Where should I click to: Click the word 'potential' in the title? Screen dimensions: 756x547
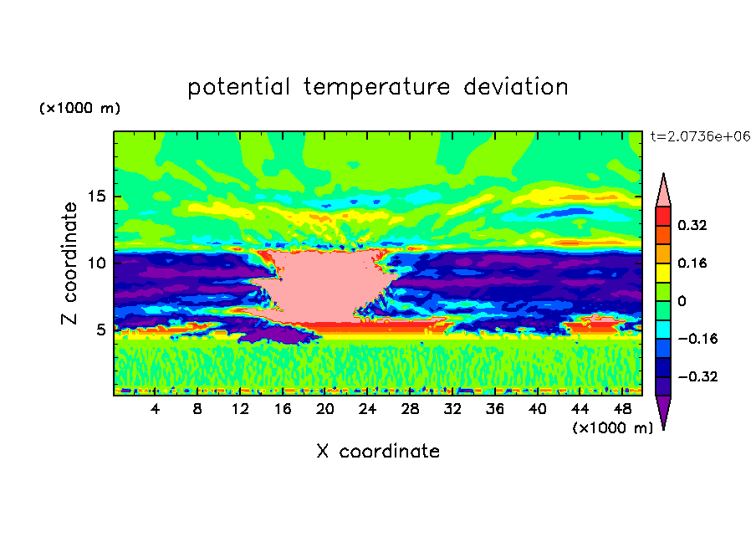[x=238, y=88]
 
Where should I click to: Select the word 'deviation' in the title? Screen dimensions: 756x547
[x=516, y=87]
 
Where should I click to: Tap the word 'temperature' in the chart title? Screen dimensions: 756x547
[x=377, y=88]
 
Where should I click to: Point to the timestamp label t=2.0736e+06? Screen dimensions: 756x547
[x=700, y=136]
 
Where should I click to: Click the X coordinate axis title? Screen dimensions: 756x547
[x=378, y=451]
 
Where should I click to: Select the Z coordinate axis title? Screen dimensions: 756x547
[x=69, y=263]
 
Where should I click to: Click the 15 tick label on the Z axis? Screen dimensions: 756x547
[x=96, y=197]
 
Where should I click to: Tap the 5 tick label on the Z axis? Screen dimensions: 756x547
[x=100, y=330]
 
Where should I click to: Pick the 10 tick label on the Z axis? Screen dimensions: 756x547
[x=96, y=263]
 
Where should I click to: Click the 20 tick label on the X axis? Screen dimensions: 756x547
[x=325, y=409]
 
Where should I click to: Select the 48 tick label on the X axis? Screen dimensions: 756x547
[x=622, y=409]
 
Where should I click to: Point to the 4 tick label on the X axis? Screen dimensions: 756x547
[x=155, y=409]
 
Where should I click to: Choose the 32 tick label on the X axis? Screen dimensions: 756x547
[x=452, y=409]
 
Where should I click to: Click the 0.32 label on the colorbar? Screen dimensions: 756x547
[x=692, y=225]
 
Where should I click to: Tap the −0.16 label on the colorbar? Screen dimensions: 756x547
[x=697, y=339]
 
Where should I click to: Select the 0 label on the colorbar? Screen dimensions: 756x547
[x=682, y=301]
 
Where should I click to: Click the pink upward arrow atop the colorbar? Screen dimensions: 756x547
[x=663, y=192]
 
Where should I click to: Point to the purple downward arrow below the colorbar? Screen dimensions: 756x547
[x=663, y=410]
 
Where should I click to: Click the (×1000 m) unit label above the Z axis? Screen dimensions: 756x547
[x=79, y=108]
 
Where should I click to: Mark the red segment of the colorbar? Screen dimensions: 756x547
[x=663, y=217]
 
